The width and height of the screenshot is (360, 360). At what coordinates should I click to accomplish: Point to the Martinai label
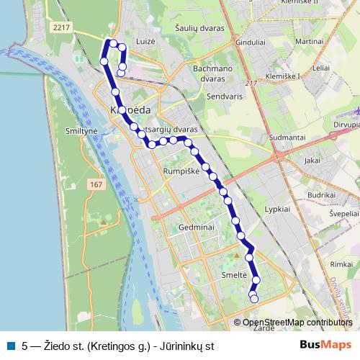pyautogui.click(x=309, y=42)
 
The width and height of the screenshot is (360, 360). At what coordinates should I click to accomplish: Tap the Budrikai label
pyautogui.click(x=322, y=194)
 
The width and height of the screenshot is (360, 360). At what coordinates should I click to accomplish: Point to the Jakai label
pyautogui.click(x=312, y=161)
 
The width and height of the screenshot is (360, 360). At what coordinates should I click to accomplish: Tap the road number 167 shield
pyautogui.click(x=96, y=185)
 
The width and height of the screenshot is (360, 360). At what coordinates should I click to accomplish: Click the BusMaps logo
pyautogui.click(x=327, y=345)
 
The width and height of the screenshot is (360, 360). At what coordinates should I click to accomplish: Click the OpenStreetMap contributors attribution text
pyautogui.click(x=297, y=322)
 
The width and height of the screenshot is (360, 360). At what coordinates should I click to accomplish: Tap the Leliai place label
pyautogui.click(x=321, y=67)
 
